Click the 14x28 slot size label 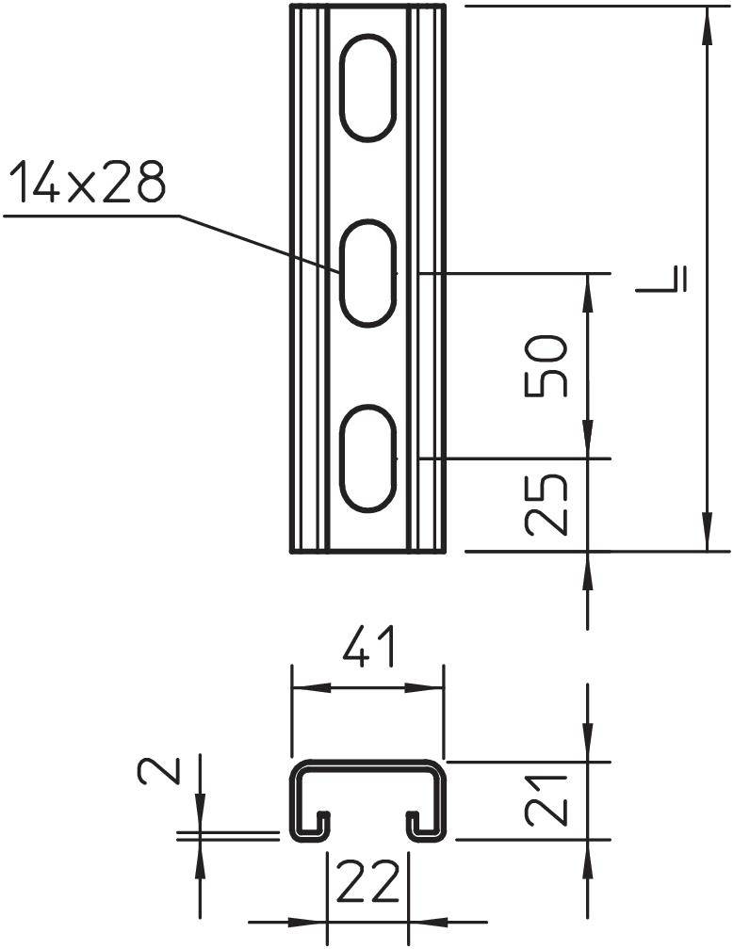click(87, 184)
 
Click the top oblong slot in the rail click(367, 88)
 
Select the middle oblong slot click(367, 274)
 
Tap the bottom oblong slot click(367, 458)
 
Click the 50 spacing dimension click(548, 365)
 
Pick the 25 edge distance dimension click(548, 505)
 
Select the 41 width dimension click(367, 651)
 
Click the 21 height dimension click(548, 799)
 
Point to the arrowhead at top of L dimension click(706, 23)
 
